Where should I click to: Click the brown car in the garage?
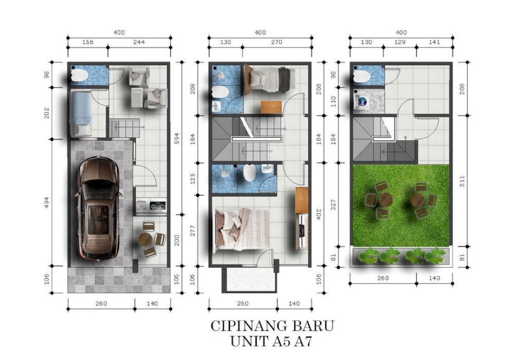point(99,208)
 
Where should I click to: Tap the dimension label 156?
point(87,42)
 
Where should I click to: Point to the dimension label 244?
point(139,42)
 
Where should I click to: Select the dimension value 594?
point(177,138)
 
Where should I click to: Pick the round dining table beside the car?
point(145,239)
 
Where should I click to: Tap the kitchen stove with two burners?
point(158,206)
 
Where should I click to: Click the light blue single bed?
point(81,113)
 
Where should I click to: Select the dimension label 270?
point(277,42)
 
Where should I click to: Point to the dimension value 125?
point(192,179)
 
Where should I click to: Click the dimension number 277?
point(192,230)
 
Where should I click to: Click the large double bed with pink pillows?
point(242,229)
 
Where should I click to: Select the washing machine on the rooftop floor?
point(361,101)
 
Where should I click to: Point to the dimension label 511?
point(462,181)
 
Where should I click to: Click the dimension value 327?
point(333,205)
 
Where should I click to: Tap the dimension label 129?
point(399,42)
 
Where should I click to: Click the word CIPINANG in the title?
point(248,326)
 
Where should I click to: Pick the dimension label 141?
point(434,42)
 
